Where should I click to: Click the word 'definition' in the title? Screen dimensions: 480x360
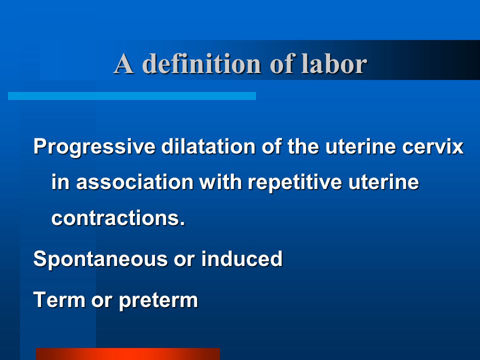point(201,63)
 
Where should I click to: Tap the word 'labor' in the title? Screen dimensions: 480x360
point(334,63)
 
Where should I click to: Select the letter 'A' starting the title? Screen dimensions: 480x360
point(123,63)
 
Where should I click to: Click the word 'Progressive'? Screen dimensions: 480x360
point(94,147)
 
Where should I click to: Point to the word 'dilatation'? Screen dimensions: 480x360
point(208,146)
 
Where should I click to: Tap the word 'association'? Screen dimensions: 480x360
point(134,182)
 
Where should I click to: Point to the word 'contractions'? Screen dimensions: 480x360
point(118,218)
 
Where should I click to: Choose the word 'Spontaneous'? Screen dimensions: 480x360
point(100,259)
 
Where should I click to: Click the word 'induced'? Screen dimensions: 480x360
point(242,258)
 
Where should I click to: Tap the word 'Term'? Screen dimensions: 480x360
point(59,299)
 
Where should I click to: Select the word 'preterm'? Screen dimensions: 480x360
point(158,300)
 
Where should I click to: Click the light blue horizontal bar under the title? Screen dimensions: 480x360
point(132,96)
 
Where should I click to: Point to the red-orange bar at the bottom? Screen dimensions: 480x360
point(128,354)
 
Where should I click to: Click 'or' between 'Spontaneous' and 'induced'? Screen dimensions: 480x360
point(184,259)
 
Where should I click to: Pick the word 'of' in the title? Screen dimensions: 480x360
point(281,63)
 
